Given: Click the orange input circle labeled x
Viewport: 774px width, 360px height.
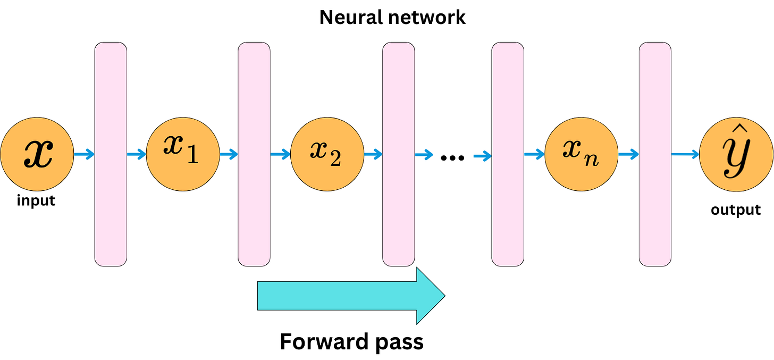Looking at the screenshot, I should (37, 154).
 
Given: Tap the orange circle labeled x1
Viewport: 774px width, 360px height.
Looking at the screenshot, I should (182, 154).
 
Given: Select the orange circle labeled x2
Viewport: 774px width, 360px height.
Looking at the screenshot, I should (327, 154).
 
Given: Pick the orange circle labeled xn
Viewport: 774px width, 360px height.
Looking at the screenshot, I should (581, 154).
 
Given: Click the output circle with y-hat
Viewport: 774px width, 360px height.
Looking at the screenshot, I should (736, 154).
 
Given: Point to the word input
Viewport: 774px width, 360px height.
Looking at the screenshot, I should (36, 201).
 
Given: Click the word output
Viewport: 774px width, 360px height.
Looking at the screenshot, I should (736, 210).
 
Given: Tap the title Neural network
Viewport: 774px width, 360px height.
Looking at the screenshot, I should (392, 18).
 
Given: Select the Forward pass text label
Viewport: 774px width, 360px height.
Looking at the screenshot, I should (351, 341).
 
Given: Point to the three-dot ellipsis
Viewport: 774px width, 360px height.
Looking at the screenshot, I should (453, 157).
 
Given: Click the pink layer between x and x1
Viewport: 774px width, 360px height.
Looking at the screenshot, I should (111, 154).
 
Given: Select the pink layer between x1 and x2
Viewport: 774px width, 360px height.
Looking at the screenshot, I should (254, 154).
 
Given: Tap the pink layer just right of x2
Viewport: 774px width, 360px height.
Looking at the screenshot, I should (399, 154).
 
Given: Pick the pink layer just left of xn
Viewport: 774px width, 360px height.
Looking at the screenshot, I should (508, 154).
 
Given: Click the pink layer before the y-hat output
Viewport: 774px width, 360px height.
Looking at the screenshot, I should (655, 154).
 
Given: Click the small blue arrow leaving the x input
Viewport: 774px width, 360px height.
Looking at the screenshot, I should (84, 155).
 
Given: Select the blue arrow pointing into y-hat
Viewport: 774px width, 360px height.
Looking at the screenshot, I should (685, 155).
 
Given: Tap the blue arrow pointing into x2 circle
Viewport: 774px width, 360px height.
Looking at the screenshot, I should (281, 155).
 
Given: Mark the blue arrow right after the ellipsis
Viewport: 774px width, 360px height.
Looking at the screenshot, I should (482, 156).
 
